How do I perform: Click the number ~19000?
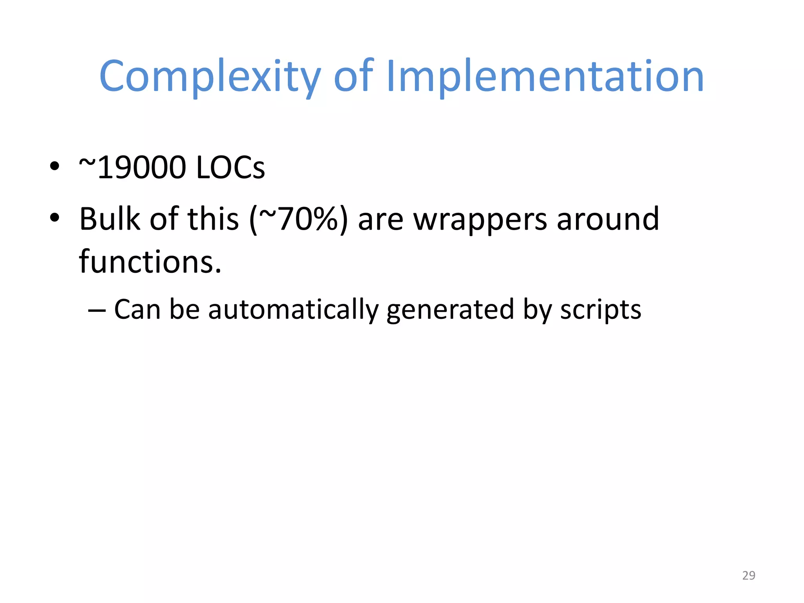tap(132, 168)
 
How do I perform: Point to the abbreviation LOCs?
tap(230, 168)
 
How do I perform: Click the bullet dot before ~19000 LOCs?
tap(55, 166)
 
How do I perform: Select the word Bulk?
tap(110, 219)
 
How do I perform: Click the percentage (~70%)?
tap(298, 219)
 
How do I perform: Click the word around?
tap(608, 219)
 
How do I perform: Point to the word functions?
tap(150, 262)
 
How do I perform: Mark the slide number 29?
tap(749, 575)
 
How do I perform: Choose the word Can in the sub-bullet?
tap(137, 309)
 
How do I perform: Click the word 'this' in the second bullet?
tap(213, 219)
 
